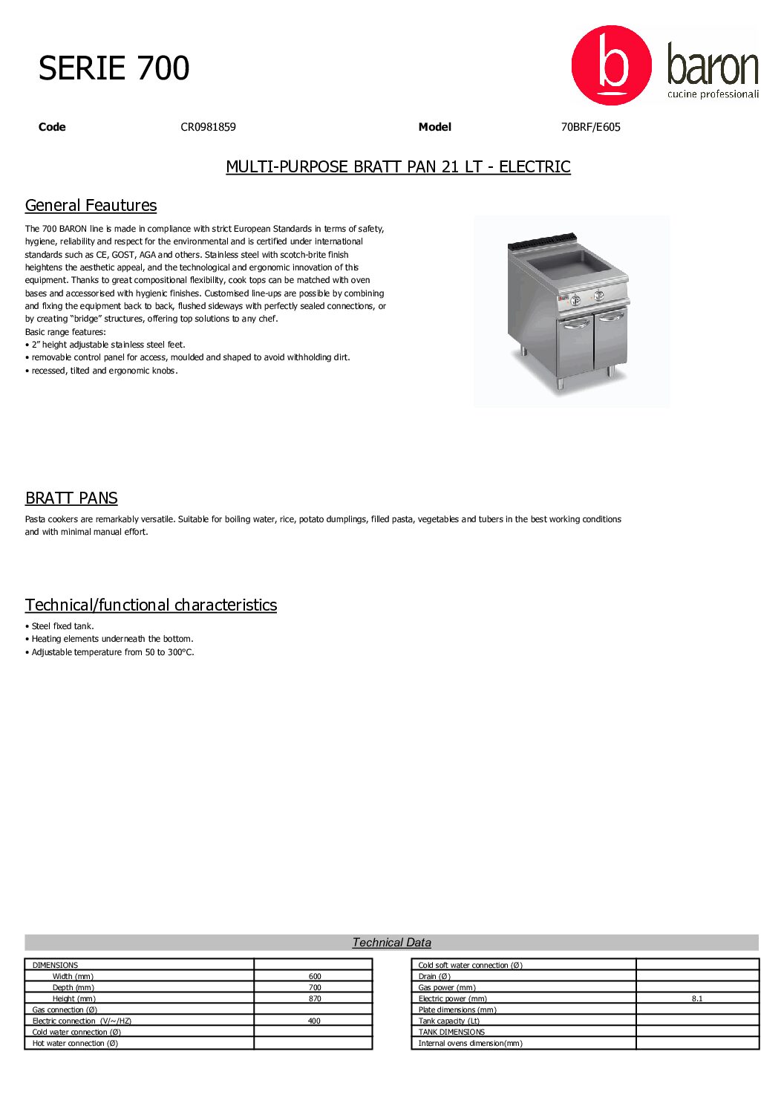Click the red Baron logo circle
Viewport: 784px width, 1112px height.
pos(611,65)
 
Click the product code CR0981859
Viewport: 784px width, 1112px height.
pos(208,127)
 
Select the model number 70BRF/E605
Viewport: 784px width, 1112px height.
pos(590,127)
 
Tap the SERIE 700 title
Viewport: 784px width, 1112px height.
pos(114,68)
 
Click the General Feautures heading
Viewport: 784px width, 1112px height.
pos(91,206)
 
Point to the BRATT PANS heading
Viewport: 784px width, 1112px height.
pos(71,498)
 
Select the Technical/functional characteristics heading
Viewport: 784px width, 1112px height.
pos(151,605)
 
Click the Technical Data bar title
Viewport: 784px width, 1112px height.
pos(391,943)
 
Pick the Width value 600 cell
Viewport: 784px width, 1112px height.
pos(315,977)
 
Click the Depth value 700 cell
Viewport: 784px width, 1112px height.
pos(315,988)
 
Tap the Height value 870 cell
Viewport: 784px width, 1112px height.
pos(315,999)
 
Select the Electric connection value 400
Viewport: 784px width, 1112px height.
pos(314,1021)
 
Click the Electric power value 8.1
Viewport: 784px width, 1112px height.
pos(697,999)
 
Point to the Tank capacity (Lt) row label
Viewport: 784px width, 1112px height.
pos(449,1021)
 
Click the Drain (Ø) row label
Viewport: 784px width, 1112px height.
pos(434,977)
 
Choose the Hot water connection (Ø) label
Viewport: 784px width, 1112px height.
pos(75,1044)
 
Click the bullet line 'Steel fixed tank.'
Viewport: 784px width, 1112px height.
pos(62,626)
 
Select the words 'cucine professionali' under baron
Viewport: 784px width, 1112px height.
pos(713,94)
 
